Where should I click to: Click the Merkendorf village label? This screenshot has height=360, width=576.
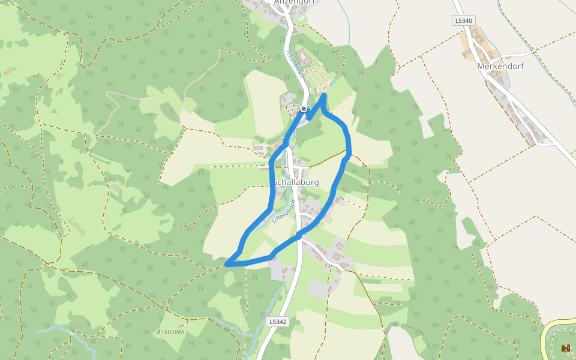click(500, 66)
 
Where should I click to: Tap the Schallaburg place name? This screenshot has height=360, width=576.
click(296, 182)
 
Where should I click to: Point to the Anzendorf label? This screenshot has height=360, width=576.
click(293, 2)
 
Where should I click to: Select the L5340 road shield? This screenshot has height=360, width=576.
click(463, 21)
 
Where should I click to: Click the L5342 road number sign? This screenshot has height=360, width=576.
click(278, 322)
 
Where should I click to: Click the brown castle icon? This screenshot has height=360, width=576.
click(565, 347)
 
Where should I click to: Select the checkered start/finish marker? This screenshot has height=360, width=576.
click(304, 109)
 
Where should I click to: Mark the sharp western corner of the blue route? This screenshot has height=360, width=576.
click(226, 263)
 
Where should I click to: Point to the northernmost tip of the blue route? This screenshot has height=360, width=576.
click(324, 95)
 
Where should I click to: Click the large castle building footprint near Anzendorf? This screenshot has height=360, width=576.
click(304, 59)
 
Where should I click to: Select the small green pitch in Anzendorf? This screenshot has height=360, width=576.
click(301, 19)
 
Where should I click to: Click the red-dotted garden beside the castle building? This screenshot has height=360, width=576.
click(318, 76)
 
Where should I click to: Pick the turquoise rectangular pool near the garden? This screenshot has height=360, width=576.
click(334, 79)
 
